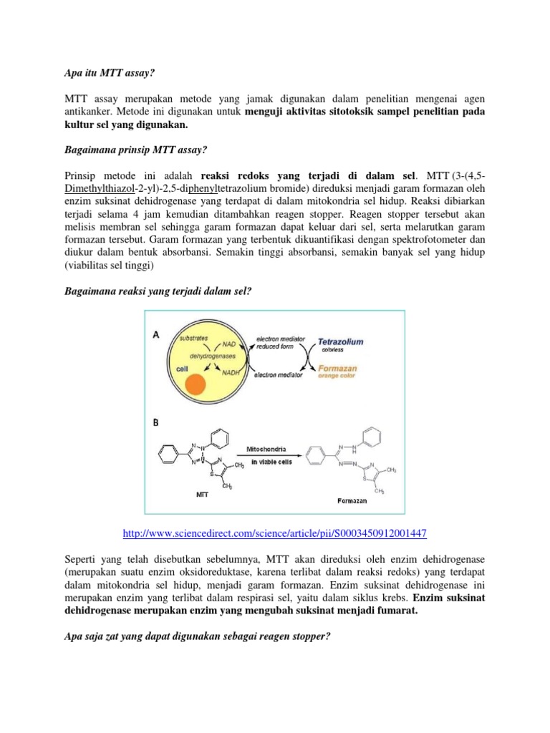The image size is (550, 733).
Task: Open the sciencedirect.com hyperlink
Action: [x=275, y=534]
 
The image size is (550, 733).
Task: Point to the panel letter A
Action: [x=155, y=334]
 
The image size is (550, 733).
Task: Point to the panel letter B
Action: [x=155, y=422]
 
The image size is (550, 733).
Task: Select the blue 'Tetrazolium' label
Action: [x=341, y=341]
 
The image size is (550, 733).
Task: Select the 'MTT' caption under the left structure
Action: [x=203, y=493]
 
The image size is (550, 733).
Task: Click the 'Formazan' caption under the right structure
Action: [x=352, y=501]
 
